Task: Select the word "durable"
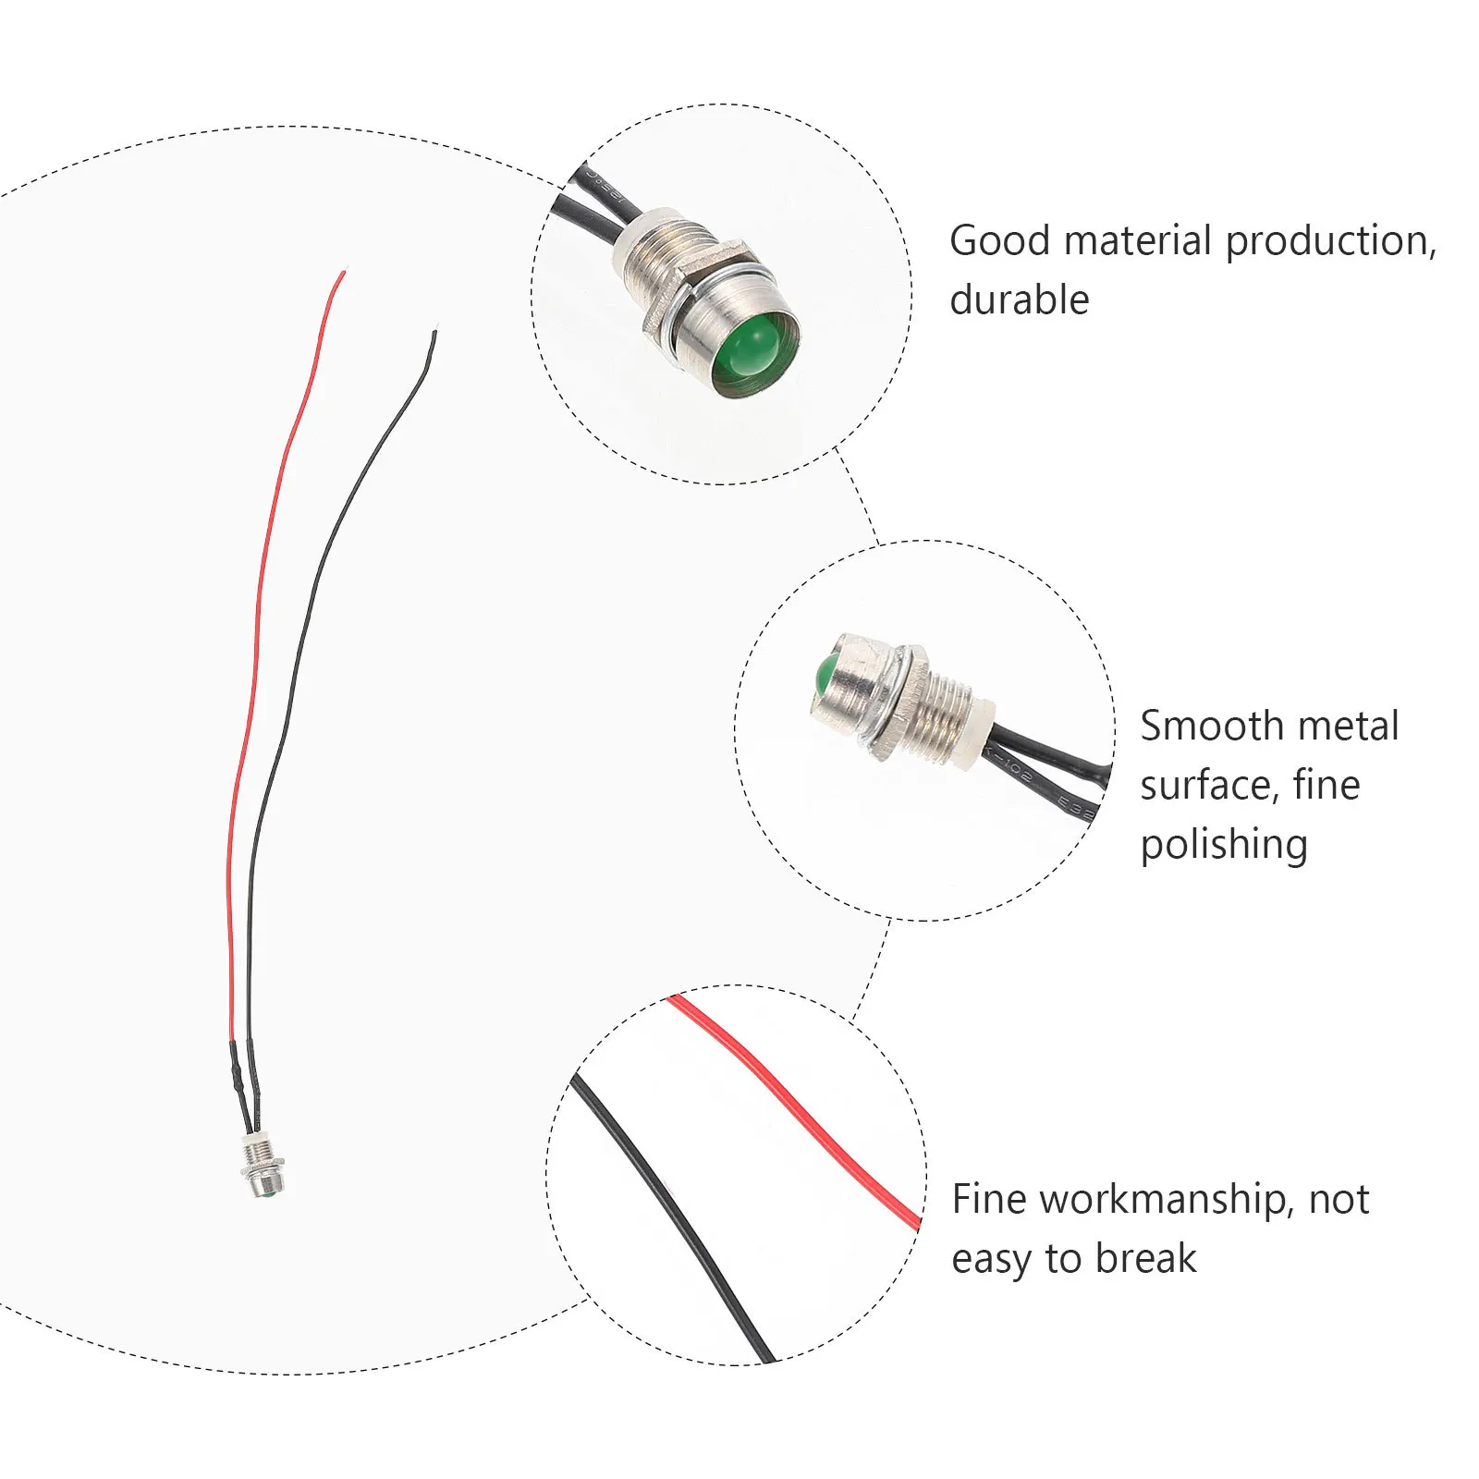[1020, 299]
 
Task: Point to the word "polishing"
[1224, 846]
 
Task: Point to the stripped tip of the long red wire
[344, 273]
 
